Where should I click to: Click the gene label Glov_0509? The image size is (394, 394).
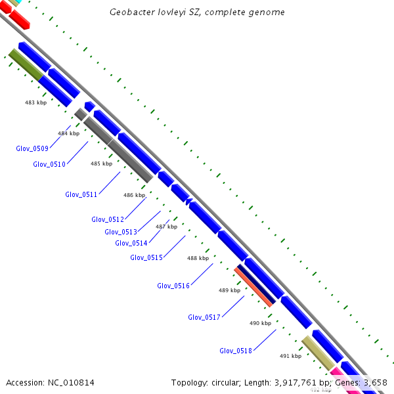click(32, 148)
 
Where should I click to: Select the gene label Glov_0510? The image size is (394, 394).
click(49, 164)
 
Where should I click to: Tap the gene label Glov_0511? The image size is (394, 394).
click(81, 194)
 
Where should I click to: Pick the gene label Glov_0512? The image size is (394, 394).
click(108, 219)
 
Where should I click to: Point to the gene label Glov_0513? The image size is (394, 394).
click(121, 232)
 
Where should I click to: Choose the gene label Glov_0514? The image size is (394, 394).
click(131, 243)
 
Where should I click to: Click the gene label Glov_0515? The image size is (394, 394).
click(146, 257)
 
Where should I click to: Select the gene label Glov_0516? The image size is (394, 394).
click(173, 286)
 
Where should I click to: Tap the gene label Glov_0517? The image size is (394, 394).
click(204, 317)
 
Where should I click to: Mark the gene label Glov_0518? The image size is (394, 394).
click(236, 351)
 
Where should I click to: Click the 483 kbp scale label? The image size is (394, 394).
click(35, 102)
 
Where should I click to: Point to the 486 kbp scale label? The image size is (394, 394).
click(134, 195)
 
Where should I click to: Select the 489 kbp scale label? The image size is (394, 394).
click(229, 290)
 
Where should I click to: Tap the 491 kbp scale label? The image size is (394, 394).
click(290, 356)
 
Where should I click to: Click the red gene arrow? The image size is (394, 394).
click(18, 19)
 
